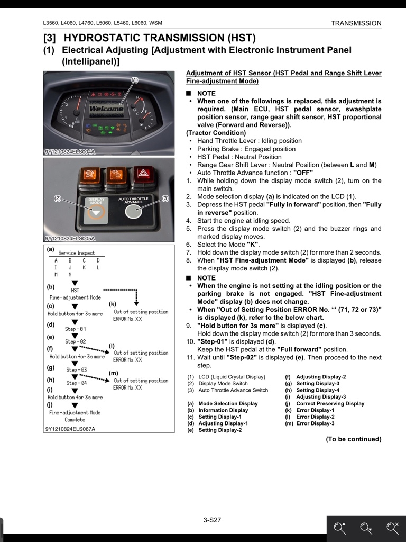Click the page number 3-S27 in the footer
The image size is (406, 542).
point(212,520)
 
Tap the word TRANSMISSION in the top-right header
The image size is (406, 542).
point(356,23)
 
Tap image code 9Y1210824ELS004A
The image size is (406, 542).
point(70,152)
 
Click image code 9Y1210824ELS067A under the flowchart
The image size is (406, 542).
point(70,429)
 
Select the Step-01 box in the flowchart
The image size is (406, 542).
point(75,329)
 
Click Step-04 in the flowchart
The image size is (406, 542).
point(76,383)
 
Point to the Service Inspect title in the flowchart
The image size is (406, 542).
point(77,253)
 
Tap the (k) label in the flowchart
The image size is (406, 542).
point(113,304)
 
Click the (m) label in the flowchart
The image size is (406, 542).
point(114,373)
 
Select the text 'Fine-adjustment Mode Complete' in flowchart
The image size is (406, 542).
point(75,416)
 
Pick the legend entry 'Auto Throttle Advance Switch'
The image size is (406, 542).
point(233,390)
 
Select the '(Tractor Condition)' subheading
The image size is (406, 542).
point(216,133)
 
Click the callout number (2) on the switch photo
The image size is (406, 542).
point(58,198)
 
